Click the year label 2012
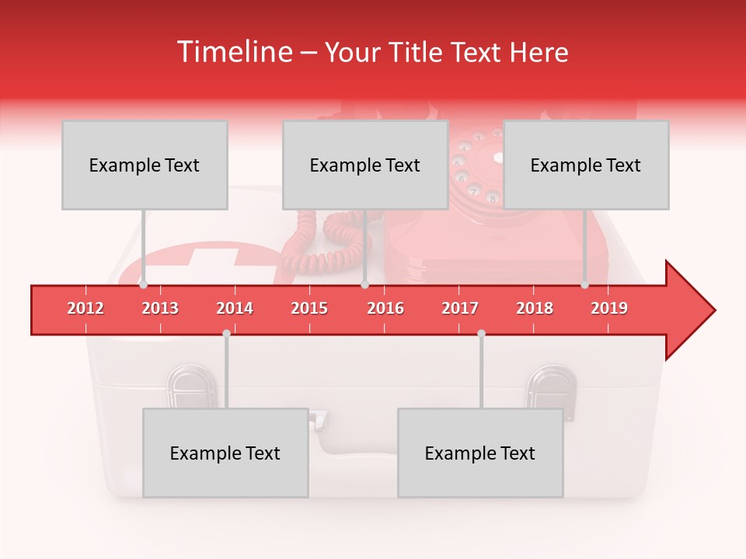pyautogui.click(x=85, y=308)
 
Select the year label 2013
pyautogui.click(x=160, y=308)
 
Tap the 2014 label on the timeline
pyautogui.click(x=235, y=308)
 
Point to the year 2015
pyautogui.click(x=309, y=308)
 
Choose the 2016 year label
pyautogui.click(x=385, y=308)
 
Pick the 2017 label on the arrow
pyautogui.click(x=460, y=308)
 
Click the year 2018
pyautogui.click(x=535, y=308)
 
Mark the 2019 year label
pyautogui.click(x=609, y=308)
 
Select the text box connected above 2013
pyautogui.click(x=145, y=165)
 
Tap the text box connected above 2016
pyautogui.click(x=365, y=165)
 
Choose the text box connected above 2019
pyautogui.click(x=586, y=165)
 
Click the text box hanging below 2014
pyautogui.click(x=225, y=453)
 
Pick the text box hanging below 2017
pyautogui.click(x=480, y=453)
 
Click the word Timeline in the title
pyautogui.click(x=234, y=52)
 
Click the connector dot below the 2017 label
pyautogui.click(x=481, y=333)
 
